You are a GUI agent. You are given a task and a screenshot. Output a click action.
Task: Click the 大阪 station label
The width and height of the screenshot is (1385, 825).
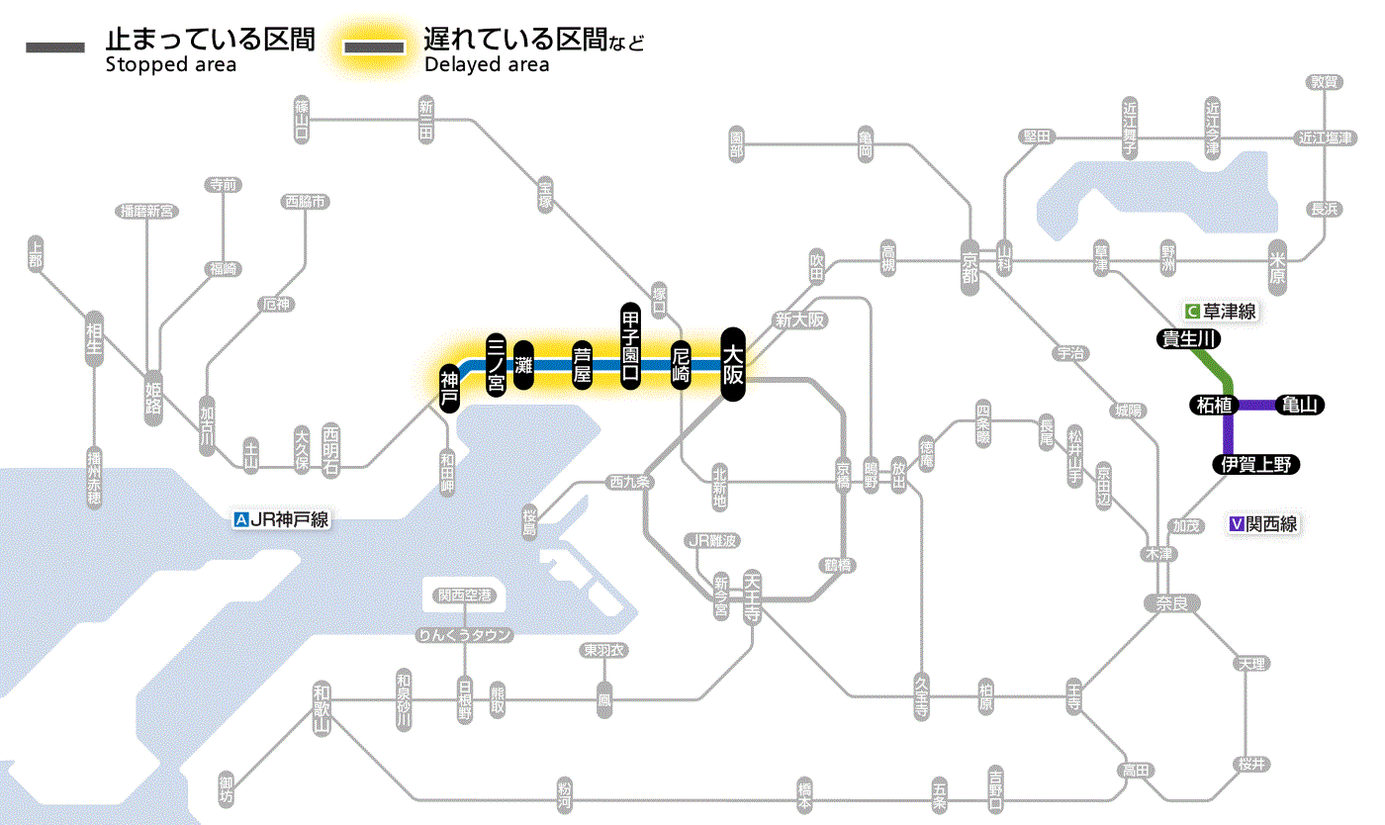(732, 364)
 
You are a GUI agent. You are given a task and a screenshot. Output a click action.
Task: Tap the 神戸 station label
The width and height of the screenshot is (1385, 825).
(449, 388)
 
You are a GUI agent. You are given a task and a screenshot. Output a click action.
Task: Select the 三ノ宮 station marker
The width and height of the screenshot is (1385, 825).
(497, 365)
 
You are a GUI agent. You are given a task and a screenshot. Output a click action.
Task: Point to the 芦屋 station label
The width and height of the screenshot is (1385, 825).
(583, 365)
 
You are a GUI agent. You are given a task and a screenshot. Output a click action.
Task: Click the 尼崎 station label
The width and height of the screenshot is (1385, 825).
(680, 365)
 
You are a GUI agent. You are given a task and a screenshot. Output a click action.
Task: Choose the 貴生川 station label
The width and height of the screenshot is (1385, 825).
(1189, 339)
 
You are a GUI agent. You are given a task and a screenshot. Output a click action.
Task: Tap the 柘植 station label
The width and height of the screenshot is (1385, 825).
(1213, 405)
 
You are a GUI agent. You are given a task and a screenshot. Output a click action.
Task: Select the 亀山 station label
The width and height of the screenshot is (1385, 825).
(1301, 405)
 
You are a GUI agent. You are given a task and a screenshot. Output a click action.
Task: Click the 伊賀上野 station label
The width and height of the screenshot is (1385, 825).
(1256, 465)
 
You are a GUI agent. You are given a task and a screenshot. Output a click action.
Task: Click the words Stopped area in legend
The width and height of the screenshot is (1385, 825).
(171, 65)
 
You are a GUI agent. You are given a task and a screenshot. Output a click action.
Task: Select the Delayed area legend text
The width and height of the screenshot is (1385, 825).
(487, 65)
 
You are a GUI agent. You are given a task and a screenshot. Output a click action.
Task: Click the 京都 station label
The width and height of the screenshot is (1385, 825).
(969, 262)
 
